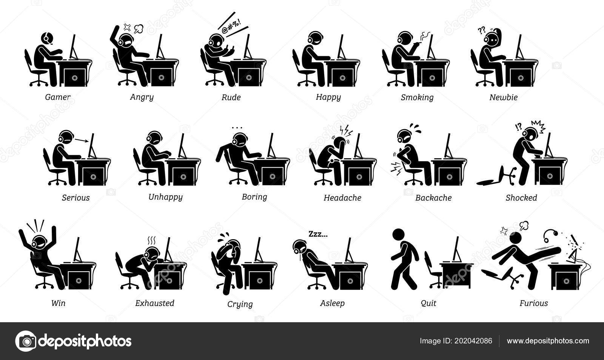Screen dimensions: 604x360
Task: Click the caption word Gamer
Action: click(58, 97)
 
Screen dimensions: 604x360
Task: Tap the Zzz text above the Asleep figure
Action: click(318, 234)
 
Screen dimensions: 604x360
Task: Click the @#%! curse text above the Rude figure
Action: click(232, 27)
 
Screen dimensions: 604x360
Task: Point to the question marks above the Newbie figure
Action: click(481, 31)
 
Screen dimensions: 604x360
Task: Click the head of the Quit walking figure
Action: click(398, 235)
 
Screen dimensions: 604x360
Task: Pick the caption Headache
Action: click(342, 198)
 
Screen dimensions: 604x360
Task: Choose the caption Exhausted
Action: click(155, 303)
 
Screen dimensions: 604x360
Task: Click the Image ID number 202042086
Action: click(473, 341)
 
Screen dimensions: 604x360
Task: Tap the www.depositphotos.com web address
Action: click(548, 341)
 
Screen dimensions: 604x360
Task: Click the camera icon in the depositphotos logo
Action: click(26, 341)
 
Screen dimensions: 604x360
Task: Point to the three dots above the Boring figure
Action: click(237, 128)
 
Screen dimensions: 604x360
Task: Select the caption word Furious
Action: click(534, 303)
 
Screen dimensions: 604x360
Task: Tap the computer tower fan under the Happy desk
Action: click(342, 78)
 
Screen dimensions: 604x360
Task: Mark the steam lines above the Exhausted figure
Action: click(151, 241)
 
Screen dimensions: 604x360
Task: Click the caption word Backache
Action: click(433, 198)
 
